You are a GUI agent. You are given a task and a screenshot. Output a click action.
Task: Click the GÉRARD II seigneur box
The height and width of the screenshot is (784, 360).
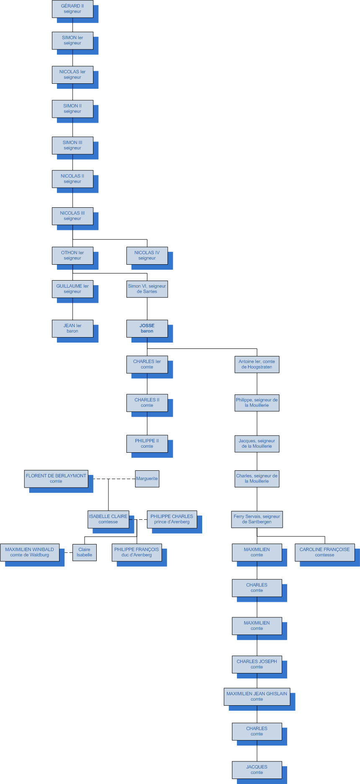tap(72, 9)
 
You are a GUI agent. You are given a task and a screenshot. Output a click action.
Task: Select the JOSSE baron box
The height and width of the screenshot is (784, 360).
tap(147, 328)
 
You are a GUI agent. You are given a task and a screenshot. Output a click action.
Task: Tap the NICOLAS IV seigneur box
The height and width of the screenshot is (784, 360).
tap(147, 255)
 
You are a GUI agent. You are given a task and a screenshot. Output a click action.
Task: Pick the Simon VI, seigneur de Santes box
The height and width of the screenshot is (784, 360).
tap(147, 289)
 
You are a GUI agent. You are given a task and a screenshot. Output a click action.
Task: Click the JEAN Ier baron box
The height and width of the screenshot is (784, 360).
tap(72, 328)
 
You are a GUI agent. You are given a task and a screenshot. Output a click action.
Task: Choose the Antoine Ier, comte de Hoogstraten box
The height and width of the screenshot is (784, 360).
tap(257, 364)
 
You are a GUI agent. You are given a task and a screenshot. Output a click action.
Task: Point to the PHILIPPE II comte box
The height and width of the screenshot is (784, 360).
tap(147, 444)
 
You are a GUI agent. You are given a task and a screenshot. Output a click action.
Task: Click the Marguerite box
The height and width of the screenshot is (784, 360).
tap(147, 479)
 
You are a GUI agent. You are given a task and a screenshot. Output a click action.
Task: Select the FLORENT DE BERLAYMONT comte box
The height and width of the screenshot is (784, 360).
tap(56, 478)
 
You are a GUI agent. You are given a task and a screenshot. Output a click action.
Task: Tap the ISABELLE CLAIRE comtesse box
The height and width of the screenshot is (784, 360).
tap(108, 519)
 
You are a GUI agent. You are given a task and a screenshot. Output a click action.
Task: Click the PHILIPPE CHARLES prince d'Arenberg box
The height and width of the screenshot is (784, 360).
tap(172, 519)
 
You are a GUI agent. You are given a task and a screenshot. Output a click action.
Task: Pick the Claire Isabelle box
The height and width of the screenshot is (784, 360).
tap(84, 552)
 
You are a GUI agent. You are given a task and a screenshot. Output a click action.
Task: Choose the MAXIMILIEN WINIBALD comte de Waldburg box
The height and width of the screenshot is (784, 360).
tap(30, 552)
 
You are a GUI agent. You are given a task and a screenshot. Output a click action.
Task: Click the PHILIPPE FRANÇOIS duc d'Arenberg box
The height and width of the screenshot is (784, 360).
tap(136, 552)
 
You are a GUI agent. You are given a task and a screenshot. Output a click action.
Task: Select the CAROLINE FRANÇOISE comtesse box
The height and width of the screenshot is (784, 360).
tap(324, 552)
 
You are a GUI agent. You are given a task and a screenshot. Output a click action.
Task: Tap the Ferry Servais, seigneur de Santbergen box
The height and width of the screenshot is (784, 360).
tap(257, 519)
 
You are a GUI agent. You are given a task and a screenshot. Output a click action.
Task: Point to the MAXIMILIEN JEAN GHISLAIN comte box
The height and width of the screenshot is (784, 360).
tap(257, 696)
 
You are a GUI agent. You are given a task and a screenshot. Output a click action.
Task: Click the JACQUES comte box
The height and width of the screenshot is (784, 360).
tap(257, 770)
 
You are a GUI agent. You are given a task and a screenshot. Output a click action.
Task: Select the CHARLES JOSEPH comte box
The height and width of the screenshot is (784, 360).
tap(257, 664)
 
